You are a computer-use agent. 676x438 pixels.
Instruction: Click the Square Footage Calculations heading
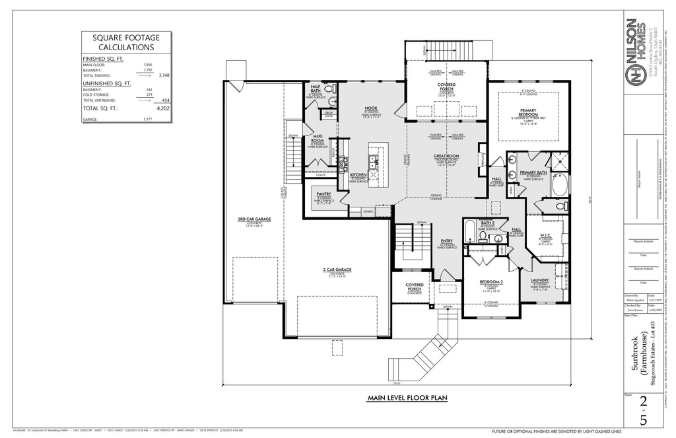pos(126,43)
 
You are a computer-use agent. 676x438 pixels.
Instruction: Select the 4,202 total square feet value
pos(159,108)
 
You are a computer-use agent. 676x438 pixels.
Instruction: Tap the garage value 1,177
pos(148,120)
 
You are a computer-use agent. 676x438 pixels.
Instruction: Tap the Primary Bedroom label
pos(527,111)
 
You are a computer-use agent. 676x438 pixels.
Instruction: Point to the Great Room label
pos(446,156)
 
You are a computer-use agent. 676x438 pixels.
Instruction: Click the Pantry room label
pos(323,194)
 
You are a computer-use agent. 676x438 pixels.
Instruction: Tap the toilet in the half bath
pos(331,101)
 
